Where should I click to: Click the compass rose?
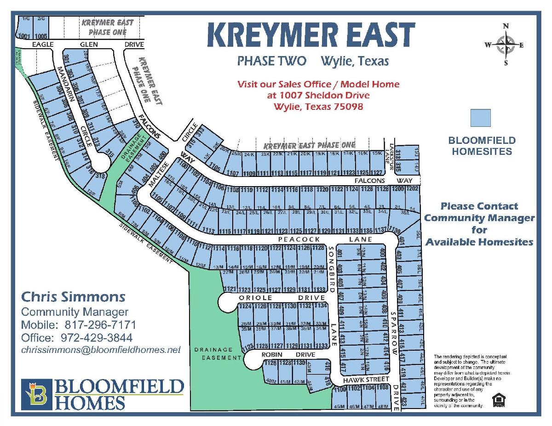[506, 45]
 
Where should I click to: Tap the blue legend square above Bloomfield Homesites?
[481, 118]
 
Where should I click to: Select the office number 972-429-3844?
[97, 338]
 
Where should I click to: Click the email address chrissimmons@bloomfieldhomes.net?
[101, 350]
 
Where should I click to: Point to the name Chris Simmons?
[73, 296]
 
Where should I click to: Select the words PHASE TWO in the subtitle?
[271, 61]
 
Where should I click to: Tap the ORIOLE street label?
[253, 297]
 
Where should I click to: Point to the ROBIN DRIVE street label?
[288, 355]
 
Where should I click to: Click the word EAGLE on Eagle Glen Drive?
[43, 45]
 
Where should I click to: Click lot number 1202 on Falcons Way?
[412, 189]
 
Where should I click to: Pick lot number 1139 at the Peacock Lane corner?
[394, 230]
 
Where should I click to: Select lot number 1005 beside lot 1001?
[40, 35]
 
